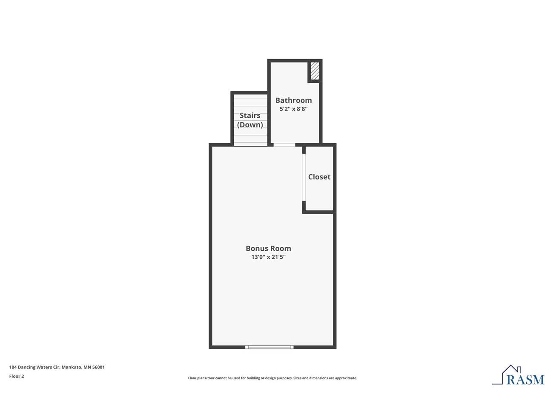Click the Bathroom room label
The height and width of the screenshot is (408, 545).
(x=293, y=100)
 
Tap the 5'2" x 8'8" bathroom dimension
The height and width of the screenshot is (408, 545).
(x=293, y=109)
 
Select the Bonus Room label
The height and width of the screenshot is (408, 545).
(x=268, y=248)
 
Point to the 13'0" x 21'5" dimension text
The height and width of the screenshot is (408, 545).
(x=268, y=257)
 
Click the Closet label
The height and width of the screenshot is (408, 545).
(x=319, y=177)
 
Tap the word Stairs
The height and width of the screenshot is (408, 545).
(x=250, y=116)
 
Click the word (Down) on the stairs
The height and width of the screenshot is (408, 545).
(x=250, y=125)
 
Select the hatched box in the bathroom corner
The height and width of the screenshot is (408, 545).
(x=315, y=71)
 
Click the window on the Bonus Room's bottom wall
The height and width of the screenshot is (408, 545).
(x=270, y=347)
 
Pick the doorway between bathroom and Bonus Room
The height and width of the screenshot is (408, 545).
(x=284, y=145)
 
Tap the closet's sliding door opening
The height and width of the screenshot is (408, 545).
(x=304, y=177)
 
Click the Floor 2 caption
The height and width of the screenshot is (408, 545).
(x=17, y=376)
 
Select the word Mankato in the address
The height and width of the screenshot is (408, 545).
(x=72, y=367)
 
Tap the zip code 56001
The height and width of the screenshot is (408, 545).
(x=98, y=367)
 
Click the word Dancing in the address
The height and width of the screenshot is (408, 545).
(x=26, y=367)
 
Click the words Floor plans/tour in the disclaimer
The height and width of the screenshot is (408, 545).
(x=199, y=378)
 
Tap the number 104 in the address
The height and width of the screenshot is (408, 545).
(x=13, y=367)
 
